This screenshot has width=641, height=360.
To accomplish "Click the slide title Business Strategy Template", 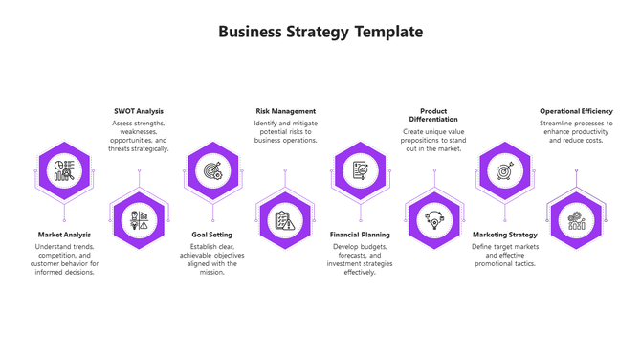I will click(320, 32).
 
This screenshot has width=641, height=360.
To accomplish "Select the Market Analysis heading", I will click(64, 235).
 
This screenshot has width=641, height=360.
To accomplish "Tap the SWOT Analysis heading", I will click(139, 111).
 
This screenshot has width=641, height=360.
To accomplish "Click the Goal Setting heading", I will click(211, 235).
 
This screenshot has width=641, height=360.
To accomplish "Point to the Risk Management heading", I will click(285, 111).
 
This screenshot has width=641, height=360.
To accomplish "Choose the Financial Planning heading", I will click(360, 235).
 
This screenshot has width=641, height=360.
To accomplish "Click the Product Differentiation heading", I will click(433, 115).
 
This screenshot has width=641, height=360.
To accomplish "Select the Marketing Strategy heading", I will click(505, 235).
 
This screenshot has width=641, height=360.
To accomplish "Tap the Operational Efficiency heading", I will click(576, 111).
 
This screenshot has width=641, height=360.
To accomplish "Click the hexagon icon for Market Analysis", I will click(65, 171).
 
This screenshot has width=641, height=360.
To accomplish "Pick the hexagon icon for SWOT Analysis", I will click(139, 220).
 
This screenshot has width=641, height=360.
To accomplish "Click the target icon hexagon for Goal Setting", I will click(212, 171).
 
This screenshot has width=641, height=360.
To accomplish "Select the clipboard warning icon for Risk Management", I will click(285, 220).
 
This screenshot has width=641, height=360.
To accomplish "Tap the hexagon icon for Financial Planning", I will click(360, 171).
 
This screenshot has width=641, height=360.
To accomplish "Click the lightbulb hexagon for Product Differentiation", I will click(433, 220).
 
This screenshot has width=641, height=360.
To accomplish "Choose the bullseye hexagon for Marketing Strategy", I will click(504, 171).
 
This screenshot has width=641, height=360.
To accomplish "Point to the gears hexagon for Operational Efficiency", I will click(576, 220).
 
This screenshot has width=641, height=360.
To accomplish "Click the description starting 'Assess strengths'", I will click(139, 136).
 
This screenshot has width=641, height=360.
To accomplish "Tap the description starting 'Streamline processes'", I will click(576, 131).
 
